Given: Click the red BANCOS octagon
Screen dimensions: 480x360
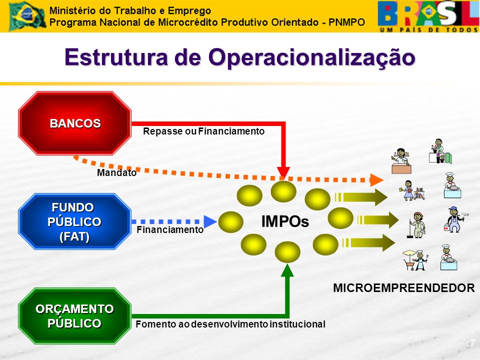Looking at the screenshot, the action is pyautogui.click(x=74, y=123).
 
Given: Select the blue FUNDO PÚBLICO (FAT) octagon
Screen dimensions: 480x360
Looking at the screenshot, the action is pyautogui.click(x=74, y=221).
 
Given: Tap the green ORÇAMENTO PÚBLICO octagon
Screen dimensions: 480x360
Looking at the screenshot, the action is pyautogui.click(x=74, y=316).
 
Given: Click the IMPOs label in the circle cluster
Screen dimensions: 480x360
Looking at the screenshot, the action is pyautogui.click(x=285, y=221).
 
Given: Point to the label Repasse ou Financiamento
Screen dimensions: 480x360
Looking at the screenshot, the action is pyautogui.click(x=203, y=131).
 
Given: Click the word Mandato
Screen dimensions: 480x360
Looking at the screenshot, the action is pyautogui.click(x=116, y=172).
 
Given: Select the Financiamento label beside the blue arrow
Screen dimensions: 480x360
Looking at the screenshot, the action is pyautogui.click(x=170, y=229).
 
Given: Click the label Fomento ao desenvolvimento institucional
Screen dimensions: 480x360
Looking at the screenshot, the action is pyautogui.click(x=230, y=324).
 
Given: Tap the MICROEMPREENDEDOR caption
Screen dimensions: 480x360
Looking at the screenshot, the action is pyautogui.click(x=404, y=288).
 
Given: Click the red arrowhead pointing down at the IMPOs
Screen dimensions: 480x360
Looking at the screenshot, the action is pyautogui.click(x=283, y=173).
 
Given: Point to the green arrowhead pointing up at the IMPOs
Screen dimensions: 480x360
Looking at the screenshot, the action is pyautogui.click(x=287, y=270).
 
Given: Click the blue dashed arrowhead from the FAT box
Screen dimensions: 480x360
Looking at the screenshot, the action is pyautogui.click(x=210, y=221).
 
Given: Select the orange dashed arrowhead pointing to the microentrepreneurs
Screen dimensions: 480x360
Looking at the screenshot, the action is pyautogui.click(x=376, y=180).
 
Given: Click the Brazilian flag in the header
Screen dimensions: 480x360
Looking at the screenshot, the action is pyautogui.click(x=27, y=15).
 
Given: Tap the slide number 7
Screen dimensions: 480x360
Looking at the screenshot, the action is pyautogui.click(x=472, y=342).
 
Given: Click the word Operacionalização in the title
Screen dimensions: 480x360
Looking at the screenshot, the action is pyautogui.click(x=311, y=57).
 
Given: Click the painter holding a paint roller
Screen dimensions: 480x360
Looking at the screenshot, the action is pyautogui.click(x=455, y=219).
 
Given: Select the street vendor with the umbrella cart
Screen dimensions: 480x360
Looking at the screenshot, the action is pyautogui.click(x=415, y=260).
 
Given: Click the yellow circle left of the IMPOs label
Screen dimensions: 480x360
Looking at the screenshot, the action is pyautogui.click(x=231, y=221).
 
